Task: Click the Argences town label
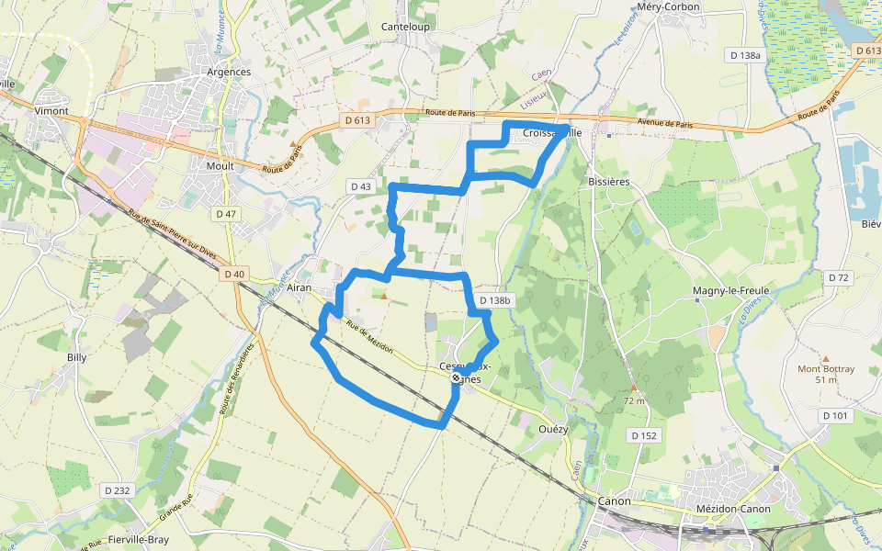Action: (229, 72)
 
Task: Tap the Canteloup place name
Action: (405, 27)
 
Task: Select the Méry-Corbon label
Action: (668, 7)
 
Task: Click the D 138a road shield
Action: (744, 55)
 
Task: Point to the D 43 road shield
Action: (361, 186)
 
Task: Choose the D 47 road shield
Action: (226, 214)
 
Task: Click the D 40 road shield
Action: (234, 274)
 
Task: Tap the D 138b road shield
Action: (494, 300)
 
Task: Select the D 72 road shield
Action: (838, 277)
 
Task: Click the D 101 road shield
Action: (836, 416)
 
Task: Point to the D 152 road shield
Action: (644, 434)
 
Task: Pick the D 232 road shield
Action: (117, 490)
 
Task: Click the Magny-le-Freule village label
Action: (730, 291)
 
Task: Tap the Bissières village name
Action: (608, 182)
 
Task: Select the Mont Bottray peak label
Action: (826, 368)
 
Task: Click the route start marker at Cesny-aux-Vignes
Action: (456, 377)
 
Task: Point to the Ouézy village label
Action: (554, 428)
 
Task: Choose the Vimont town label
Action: (51, 110)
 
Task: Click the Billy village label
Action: (77, 357)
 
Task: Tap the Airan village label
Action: (300, 288)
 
